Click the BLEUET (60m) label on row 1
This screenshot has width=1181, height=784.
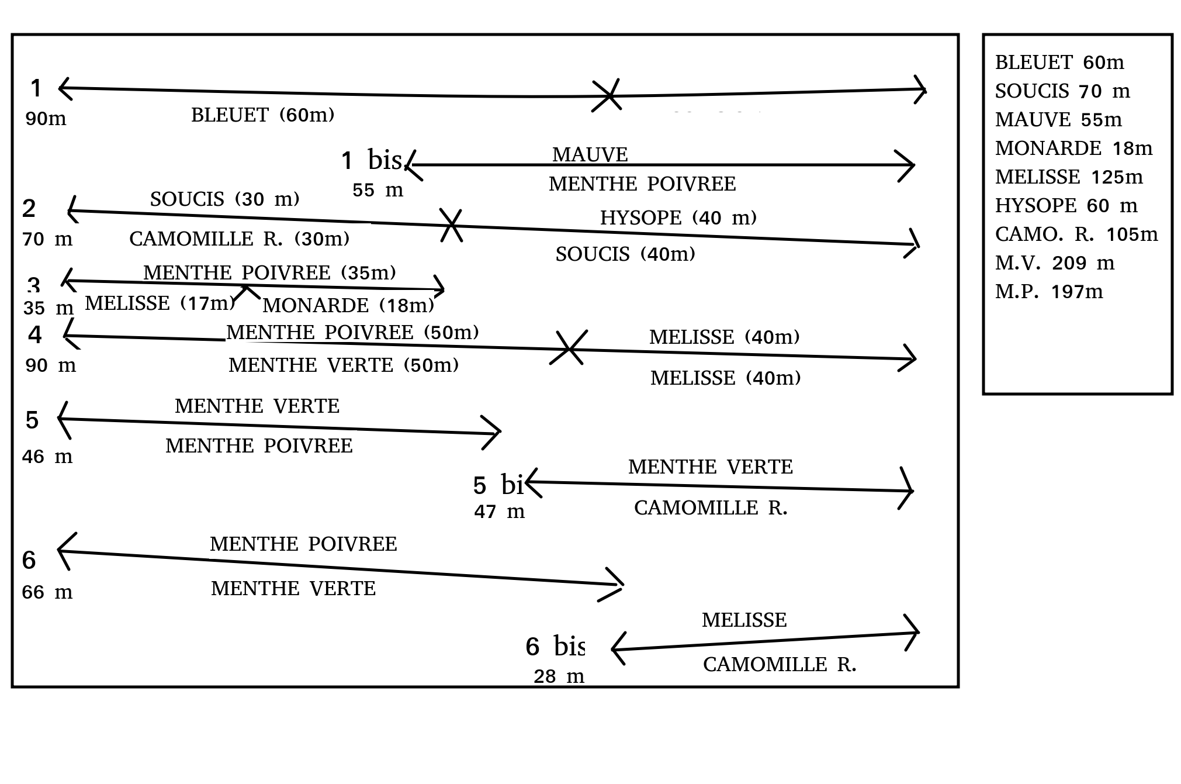[x=262, y=115]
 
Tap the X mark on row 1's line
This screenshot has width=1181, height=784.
[x=607, y=95]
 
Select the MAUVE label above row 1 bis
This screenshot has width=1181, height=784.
[x=590, y=155]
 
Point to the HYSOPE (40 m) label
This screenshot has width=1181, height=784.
[x=678, y=218]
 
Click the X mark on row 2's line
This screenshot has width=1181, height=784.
[x=451, y=225]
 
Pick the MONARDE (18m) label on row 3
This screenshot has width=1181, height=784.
[x=348, y=305]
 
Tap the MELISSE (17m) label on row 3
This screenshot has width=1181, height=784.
[x=160, y=303]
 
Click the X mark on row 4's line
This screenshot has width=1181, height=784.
[x=569, y=348]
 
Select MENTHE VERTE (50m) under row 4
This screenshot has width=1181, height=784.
[x=343, y=365]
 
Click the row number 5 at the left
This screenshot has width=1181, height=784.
[x=32, y=420]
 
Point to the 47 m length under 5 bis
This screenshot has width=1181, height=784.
[x=499, y=512]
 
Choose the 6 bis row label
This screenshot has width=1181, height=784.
[x=555, y=647]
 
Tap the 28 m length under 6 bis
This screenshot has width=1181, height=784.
[x=559, y=676]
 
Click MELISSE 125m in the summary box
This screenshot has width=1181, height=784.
[x=1069, y=177]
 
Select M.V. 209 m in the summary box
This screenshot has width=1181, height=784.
[x=1055, y=263]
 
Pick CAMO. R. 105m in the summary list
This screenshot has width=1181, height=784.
[x=1076, y=234]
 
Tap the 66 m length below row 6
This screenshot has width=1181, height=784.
[x=47, y=592]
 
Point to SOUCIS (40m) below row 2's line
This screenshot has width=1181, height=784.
[x=625, y=254]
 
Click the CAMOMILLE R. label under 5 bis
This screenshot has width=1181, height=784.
[x=711, y=508]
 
